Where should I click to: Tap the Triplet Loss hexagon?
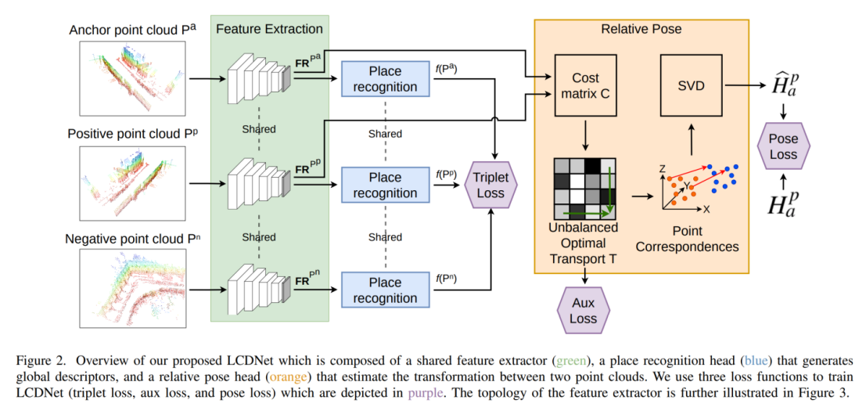490,185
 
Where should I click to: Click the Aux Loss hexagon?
583,310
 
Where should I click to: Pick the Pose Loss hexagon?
784,146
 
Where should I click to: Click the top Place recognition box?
385,79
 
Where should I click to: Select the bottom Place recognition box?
385,290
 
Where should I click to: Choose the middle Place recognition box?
385,185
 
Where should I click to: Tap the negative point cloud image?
132,289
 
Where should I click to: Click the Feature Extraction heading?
269,29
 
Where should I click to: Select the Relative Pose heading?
641,29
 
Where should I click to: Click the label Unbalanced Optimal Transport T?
583,243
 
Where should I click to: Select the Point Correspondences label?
686,239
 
